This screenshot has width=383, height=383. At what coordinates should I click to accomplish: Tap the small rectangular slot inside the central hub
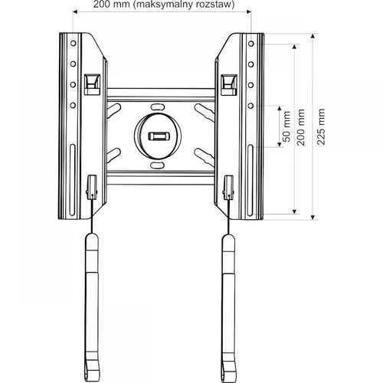coord(160,136)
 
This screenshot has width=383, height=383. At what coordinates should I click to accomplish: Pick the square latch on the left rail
coord(91,80)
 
